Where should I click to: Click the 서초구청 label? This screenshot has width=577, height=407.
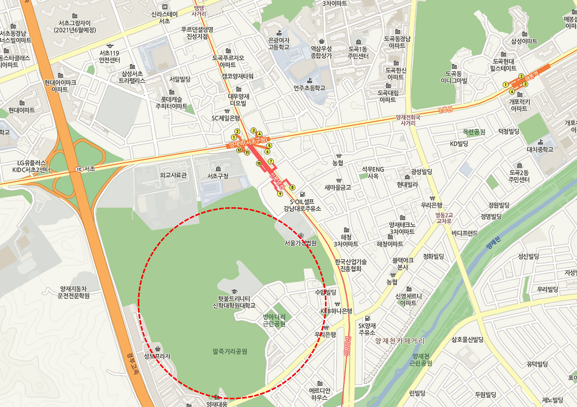(x=218, y=175)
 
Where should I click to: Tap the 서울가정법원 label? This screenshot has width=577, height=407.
(x=300, y=243)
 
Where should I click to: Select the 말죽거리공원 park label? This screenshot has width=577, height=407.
(x=230, y=351)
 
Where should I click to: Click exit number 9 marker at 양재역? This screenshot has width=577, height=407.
(x=280, y=194)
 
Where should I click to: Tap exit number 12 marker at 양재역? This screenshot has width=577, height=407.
(x=239, y=150)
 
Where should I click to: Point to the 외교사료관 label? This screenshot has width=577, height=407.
(x=173, y=175)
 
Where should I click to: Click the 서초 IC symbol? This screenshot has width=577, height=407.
(x=79, y=169)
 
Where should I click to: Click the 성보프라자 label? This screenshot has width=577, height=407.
(x=157, y=356)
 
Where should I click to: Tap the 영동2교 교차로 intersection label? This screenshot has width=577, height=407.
(x=444, y=218)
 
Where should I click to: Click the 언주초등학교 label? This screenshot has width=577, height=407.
(x=309, y=88)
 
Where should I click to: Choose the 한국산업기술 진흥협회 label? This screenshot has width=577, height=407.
(x=351, y=265)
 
